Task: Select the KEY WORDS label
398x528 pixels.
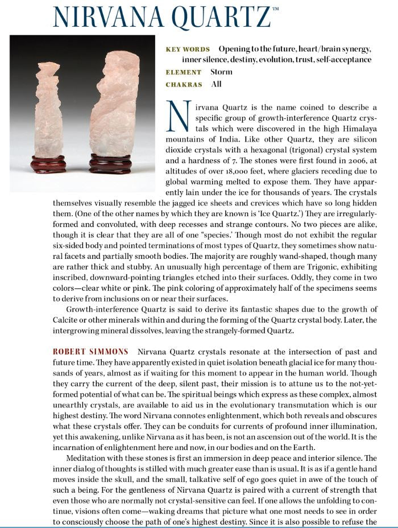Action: [187, 49]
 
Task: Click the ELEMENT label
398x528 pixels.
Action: [183, 72]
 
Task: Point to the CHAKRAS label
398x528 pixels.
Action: [184, 84]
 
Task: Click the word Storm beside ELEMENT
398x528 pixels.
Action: [221, 72]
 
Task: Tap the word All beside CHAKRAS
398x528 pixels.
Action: [216, 84]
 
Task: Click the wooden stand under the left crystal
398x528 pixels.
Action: [48, 164]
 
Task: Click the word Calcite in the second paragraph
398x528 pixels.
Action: [65, 320]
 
